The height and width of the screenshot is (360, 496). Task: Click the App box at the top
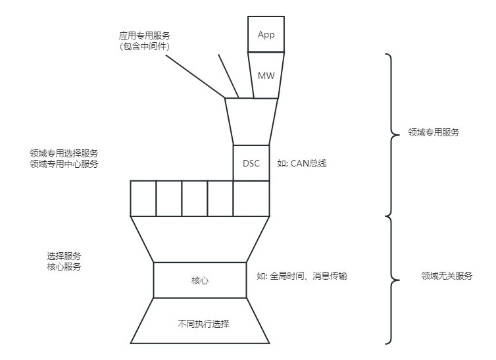265,34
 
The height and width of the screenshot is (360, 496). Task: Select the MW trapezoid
266,76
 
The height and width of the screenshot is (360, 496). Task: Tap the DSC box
251,163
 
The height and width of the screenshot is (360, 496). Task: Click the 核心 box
199,280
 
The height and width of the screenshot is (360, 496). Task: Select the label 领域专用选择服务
64,153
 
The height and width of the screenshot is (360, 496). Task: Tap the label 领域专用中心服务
64,164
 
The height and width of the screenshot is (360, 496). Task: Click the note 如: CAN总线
302,163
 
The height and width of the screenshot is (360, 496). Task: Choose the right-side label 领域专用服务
434,132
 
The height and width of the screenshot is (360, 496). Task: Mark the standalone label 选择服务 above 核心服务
64,256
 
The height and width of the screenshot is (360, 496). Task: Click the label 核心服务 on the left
64,267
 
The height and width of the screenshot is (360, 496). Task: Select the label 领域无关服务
447,276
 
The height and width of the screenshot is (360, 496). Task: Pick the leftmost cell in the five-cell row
143,198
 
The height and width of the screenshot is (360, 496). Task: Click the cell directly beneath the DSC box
251,198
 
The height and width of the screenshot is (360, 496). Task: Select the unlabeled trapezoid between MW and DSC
251,122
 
